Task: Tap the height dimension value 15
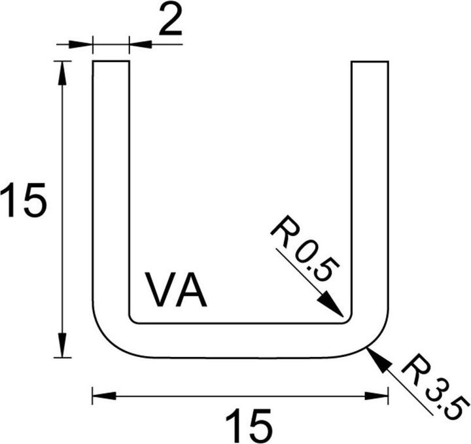click(23, 201)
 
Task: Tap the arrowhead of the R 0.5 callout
click(332, 307)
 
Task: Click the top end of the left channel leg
click(111, 63)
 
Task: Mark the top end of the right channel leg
click(370, 63)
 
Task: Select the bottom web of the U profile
click(242, 340)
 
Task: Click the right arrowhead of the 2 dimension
click(138, 44)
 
